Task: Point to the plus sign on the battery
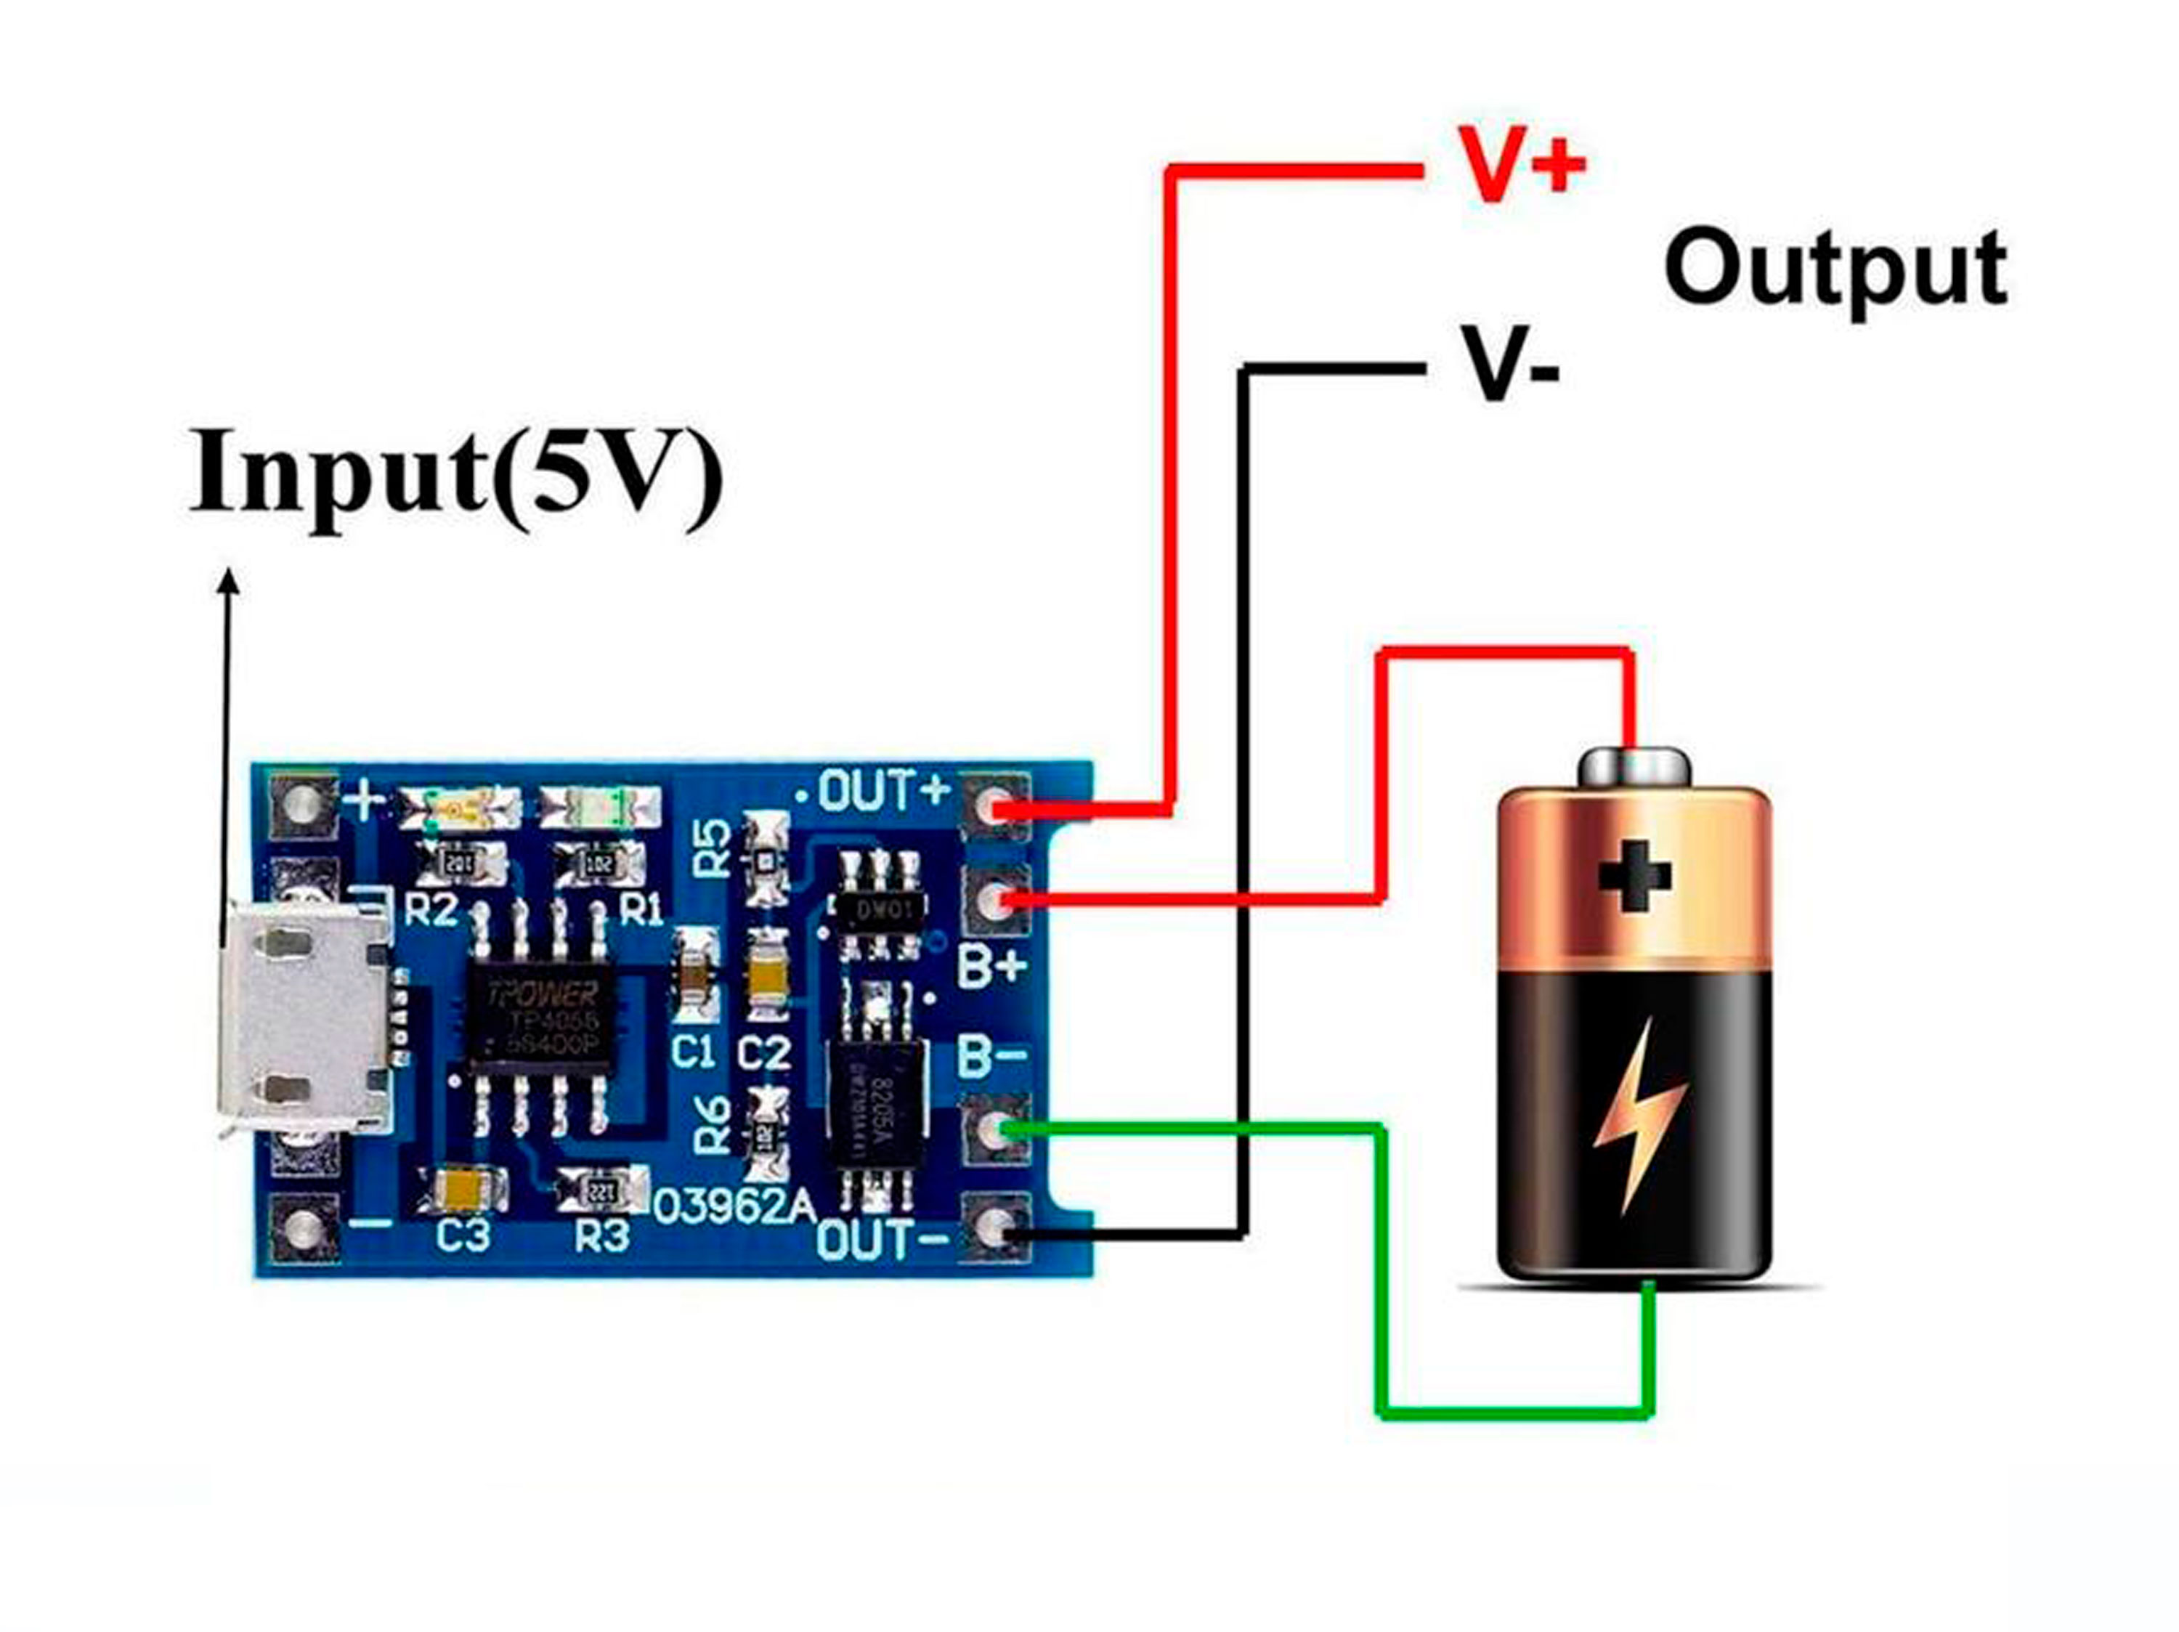(1634, 874)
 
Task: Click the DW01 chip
(879, 909)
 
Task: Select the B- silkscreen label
(993, 1057)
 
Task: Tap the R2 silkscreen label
(431, 910)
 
